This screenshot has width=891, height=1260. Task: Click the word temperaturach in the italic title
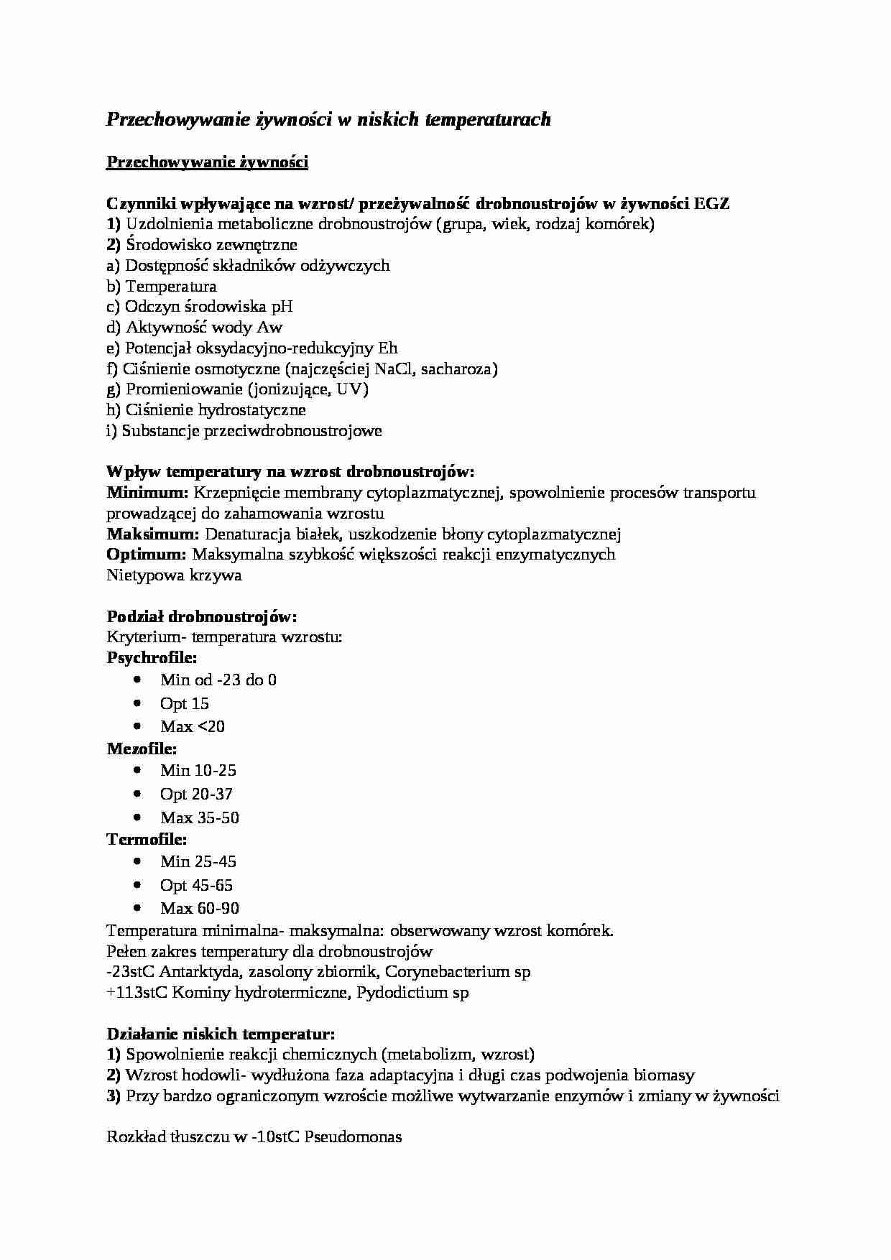click(488, 120)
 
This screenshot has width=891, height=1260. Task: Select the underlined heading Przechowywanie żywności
click(207, 162)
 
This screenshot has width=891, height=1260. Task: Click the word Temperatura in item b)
click(171, 287)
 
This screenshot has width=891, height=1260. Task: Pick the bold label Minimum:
click(147, 493)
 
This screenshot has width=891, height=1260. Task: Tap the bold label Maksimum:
click(152, 534)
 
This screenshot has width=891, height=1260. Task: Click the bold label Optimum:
click(147, 555)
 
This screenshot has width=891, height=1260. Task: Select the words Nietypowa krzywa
click(174, 575)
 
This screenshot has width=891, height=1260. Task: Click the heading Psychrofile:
click(152, 657)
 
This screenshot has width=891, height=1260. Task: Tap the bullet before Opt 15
click(138, 703)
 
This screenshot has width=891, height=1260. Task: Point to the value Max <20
click(193, 727)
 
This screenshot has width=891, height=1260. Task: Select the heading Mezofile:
click(142, 749)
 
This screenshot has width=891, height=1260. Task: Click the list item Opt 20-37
click(196, 795)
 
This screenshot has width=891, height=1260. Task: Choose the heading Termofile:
click(147, 840)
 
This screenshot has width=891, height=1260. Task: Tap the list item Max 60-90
click(200, 909)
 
